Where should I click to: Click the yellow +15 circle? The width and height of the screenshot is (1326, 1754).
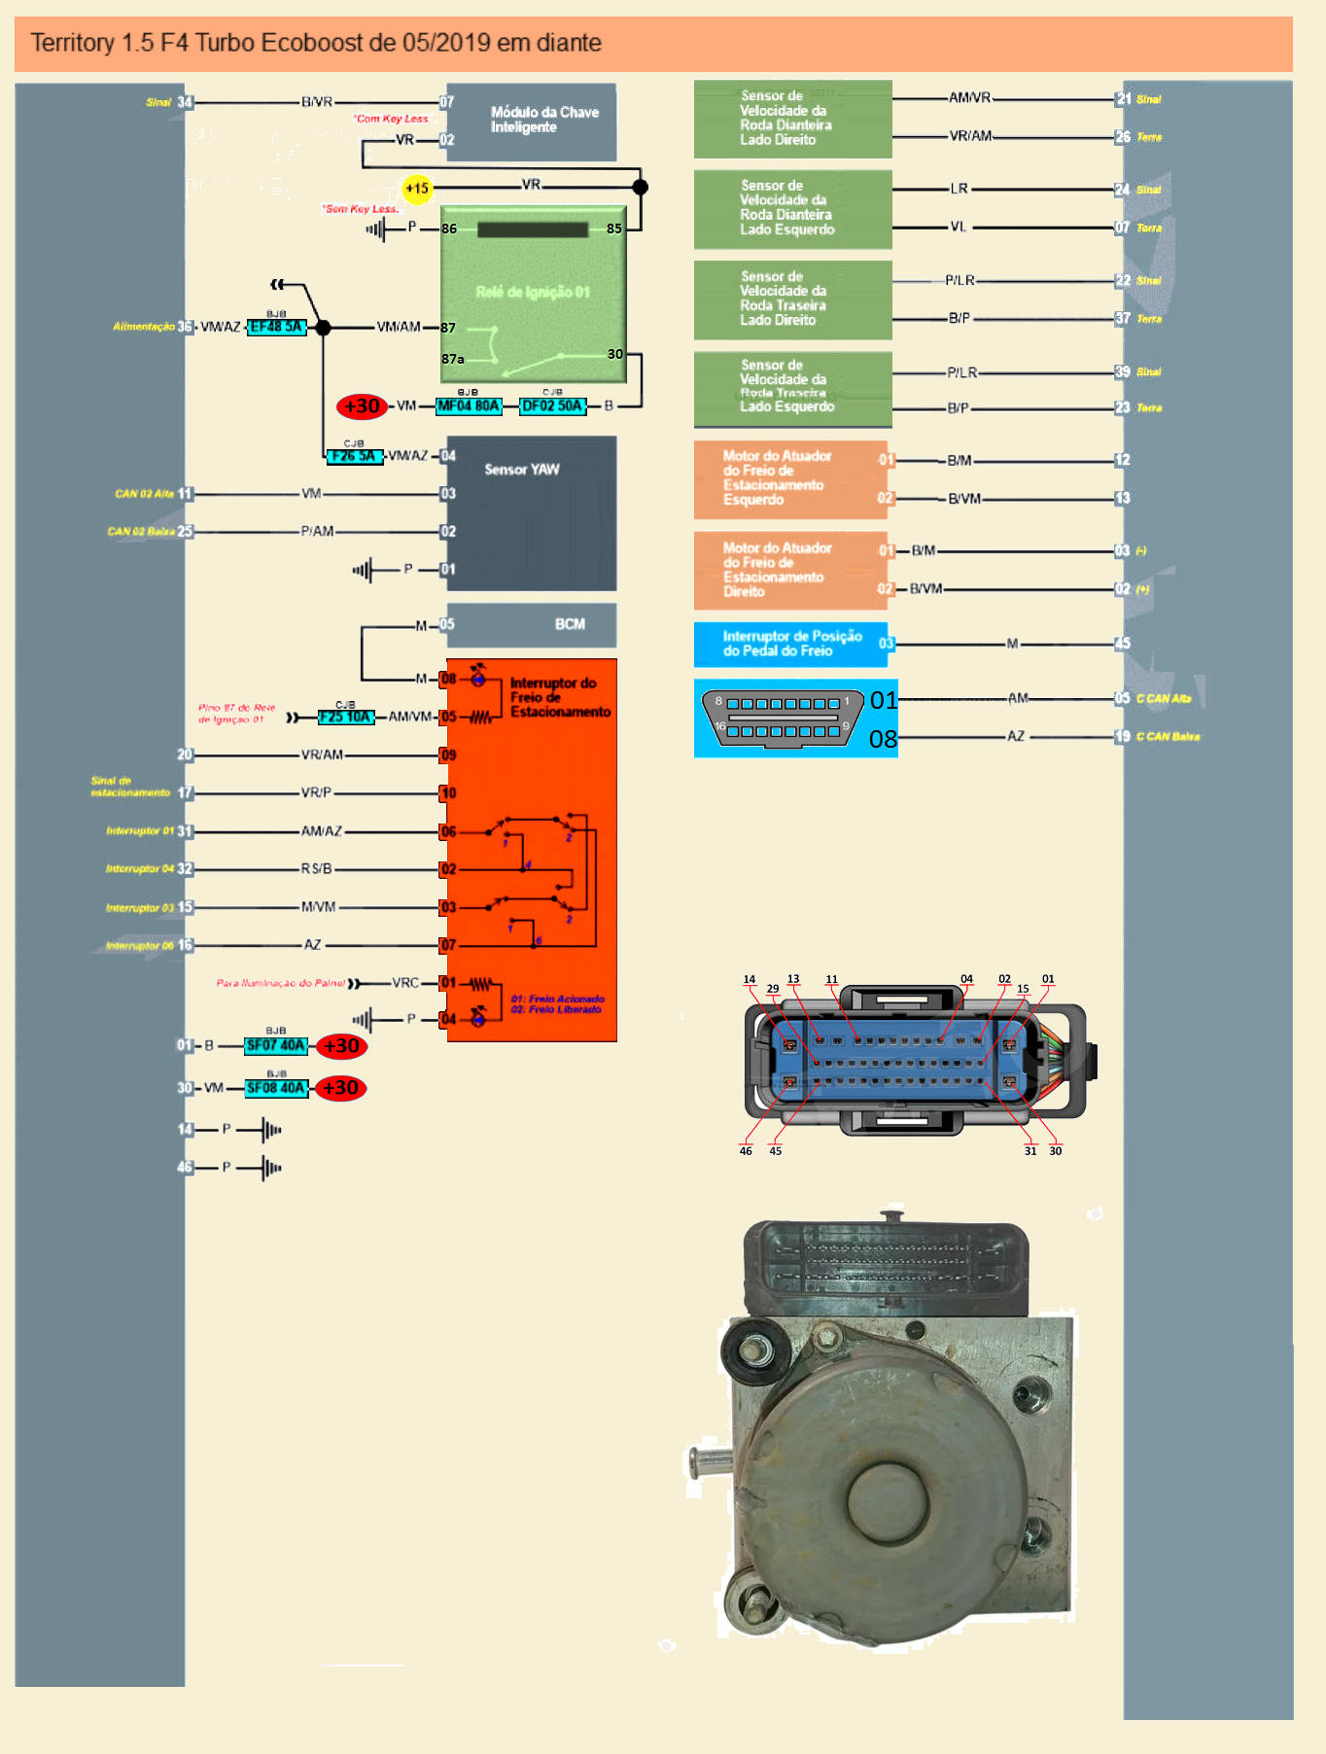pos(417,188)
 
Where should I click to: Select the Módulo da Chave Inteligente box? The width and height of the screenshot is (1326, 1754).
pos(532,122)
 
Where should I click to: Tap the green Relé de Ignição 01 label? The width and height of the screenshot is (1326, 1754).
pos(533,292)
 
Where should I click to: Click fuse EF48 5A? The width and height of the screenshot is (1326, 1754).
pos(277,327)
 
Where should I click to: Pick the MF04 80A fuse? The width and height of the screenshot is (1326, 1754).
pos(469,406)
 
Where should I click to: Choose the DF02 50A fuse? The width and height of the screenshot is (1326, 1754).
pos(553,406)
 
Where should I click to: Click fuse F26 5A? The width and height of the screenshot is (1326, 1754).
pos(354,456)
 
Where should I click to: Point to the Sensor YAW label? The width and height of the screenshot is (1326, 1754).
pos(522,470)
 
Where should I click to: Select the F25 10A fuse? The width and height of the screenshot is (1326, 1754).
pos(345,718)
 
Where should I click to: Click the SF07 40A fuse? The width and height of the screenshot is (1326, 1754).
pos(276,1046)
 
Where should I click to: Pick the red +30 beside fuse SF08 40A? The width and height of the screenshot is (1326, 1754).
pos(341,1088)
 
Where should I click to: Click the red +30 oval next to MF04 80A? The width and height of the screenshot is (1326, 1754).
pos(362,406)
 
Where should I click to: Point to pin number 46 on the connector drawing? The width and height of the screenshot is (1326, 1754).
pos(746,1151)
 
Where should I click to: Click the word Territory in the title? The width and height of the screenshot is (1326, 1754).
pos(72,43)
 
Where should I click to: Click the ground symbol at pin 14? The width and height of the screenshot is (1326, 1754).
pos(271,1130)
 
